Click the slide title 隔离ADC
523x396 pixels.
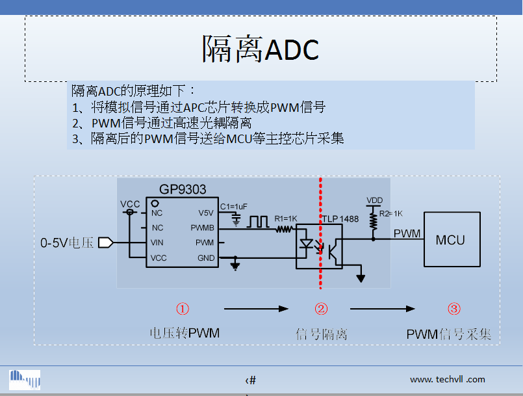pos(261,49)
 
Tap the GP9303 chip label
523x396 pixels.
pos(183,190)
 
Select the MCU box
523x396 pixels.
pos(450,240)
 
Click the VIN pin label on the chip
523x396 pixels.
pos(157,243)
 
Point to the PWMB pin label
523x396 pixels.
pos(202,228)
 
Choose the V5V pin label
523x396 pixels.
pos(206,213)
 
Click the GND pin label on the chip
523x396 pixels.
pos(205,258)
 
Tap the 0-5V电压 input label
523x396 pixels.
pos(68,243)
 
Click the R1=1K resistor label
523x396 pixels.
pos(285,218)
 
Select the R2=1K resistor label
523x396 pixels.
pos(392,213)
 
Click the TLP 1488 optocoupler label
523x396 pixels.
pos(341,219)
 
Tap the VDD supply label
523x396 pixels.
pos(374,200)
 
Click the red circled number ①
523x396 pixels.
pos(183,309)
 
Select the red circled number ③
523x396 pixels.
pos(454,309)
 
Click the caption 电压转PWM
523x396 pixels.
pos(185,333)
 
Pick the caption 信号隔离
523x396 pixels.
pos(322,334)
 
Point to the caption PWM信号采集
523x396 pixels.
pos(449,334)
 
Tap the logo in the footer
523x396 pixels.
pos(25,379)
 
